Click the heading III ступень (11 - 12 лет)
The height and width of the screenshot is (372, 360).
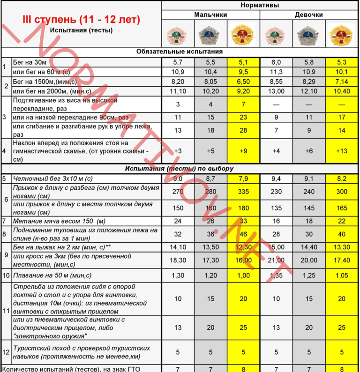pos(82,20)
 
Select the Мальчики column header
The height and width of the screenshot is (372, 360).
pos(210,15)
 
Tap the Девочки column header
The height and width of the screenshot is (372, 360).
pos(309,15)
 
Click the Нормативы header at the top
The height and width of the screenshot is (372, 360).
pos(260,5)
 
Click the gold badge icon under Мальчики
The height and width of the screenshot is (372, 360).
pos(243,33)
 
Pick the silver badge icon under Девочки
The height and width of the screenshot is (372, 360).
pos(309,33)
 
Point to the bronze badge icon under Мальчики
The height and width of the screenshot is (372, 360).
pos(178,33)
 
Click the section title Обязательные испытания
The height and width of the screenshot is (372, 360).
pos(180,52)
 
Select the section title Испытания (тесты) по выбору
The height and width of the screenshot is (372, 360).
pos(180,169)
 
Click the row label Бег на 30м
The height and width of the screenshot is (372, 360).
pos(30,62)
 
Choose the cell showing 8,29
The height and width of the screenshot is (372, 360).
pos(309,81)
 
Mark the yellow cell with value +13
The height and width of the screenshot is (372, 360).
pos(342,151)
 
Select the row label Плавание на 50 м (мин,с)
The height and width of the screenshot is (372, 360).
pos(52,276)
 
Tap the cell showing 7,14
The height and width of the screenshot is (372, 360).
pos(342,81)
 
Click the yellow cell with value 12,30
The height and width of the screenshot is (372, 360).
pos(243,247)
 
